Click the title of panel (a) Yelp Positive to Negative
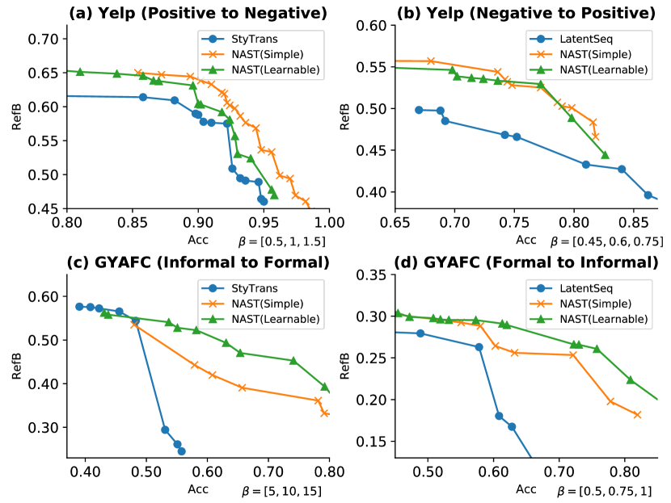[x=198, y=12]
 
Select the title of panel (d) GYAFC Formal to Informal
[x=526, y=263]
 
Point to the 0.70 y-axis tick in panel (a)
[x=47, y=40]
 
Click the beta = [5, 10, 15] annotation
[x=285, y=491]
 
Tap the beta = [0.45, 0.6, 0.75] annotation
[x=607, y=241]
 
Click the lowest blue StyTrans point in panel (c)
[x=181, y=451]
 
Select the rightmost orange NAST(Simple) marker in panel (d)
[x=637, y=415]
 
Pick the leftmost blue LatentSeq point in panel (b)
[x=419, y=110]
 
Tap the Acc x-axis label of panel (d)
[x=526, y=489]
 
